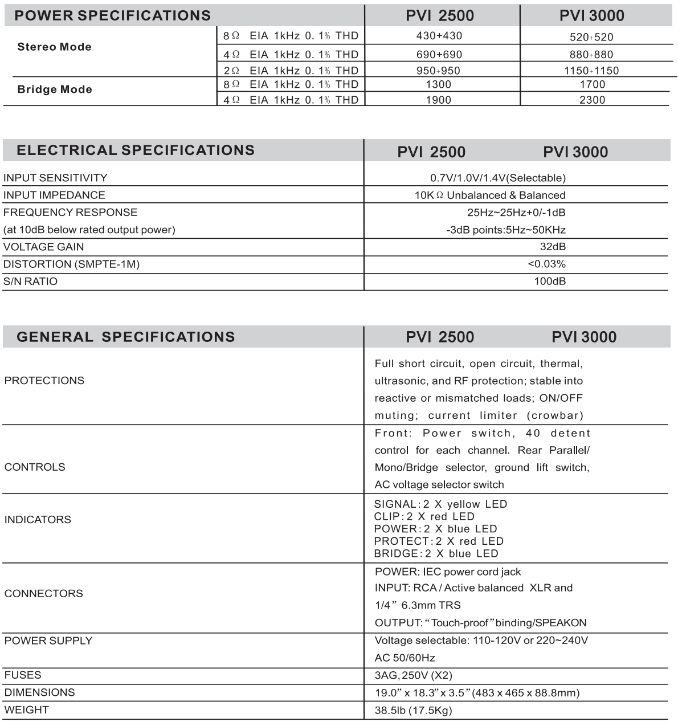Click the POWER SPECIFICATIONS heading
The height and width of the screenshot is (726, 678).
(112, 15)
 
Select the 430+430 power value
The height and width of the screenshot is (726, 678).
(439, 36)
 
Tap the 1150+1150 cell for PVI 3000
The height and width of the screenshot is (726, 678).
(591, 71)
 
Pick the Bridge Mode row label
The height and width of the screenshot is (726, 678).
(55, 90)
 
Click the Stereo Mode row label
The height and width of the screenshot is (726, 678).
(55, 47)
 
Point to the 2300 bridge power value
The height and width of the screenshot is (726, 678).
(592, 100)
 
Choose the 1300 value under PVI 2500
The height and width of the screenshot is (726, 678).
(438, 85)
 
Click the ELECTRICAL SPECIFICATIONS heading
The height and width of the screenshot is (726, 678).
(136, 150)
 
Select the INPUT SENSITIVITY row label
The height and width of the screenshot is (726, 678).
(55, 178)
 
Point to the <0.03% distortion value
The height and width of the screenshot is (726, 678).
(546, 264)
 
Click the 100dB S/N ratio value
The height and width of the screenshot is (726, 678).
(550, 281)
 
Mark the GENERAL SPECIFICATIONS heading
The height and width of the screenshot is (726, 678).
(126, 337)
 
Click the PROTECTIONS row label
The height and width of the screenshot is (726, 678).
(44, 381)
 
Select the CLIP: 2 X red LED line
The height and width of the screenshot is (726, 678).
(424, 517)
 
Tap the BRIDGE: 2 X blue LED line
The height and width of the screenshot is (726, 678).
(436, 554)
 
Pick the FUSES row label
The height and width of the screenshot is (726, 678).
(23, 675)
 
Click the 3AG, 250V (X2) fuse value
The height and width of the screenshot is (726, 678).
(413, 676)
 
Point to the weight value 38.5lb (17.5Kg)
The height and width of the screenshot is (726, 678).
(413, 711)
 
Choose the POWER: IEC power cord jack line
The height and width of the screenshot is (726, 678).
(448, 572)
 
